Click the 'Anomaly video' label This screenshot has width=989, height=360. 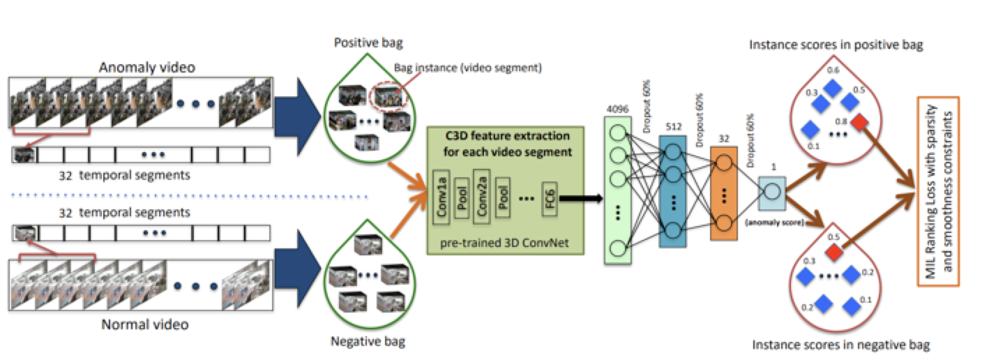point(146,68)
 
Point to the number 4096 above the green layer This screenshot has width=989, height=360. point(617,109)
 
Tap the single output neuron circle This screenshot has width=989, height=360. point(772,190)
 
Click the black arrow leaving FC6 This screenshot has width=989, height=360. point(581,200)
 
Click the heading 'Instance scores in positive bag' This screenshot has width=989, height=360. point(836,45)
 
